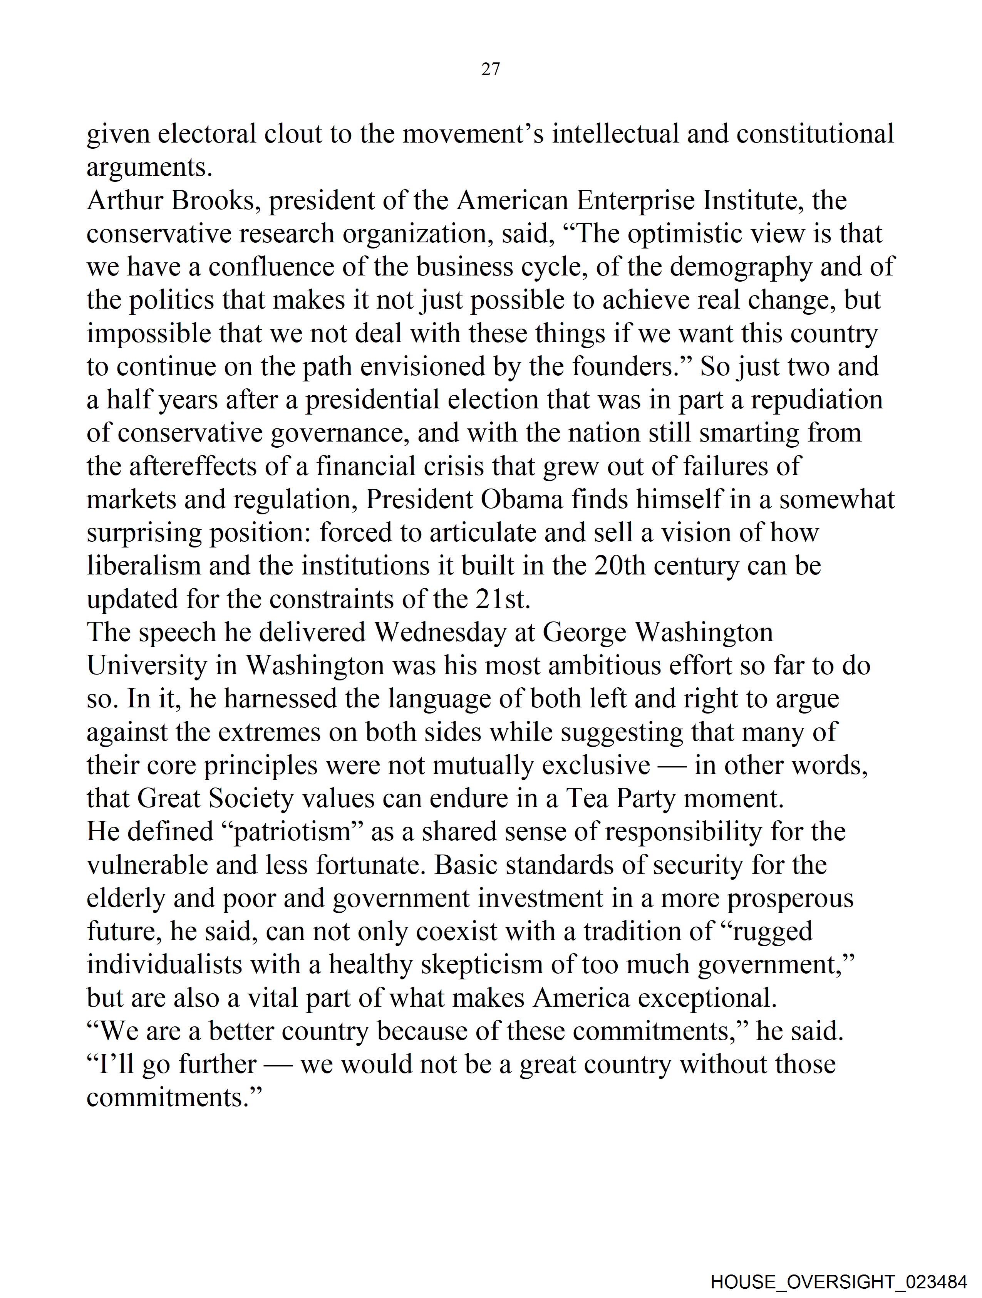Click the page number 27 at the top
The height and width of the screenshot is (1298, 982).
point(490,69)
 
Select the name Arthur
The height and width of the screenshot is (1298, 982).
point(124,201)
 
